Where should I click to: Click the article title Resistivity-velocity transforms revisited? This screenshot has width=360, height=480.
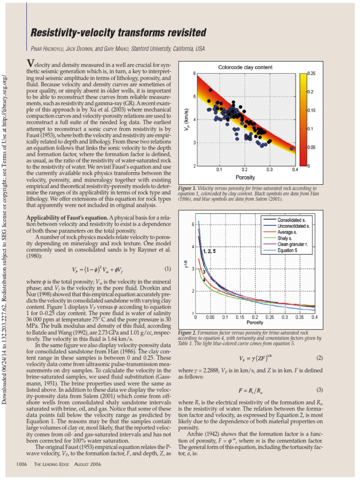point(118,33)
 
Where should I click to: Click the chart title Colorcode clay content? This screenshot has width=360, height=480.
point(245,67)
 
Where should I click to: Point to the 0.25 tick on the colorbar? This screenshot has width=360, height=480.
point(311,74)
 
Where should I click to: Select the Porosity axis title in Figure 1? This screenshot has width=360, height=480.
point(245,178)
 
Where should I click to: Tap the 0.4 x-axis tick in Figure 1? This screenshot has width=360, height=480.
point(295,169)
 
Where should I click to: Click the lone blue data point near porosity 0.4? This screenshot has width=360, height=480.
point(292,148)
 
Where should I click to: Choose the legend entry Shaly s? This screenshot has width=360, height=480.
point(285,238)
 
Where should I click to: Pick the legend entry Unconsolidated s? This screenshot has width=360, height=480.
point(293,226)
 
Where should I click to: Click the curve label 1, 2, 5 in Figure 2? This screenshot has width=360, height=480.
point(210,252)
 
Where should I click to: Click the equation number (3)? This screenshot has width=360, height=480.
point(320,390)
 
